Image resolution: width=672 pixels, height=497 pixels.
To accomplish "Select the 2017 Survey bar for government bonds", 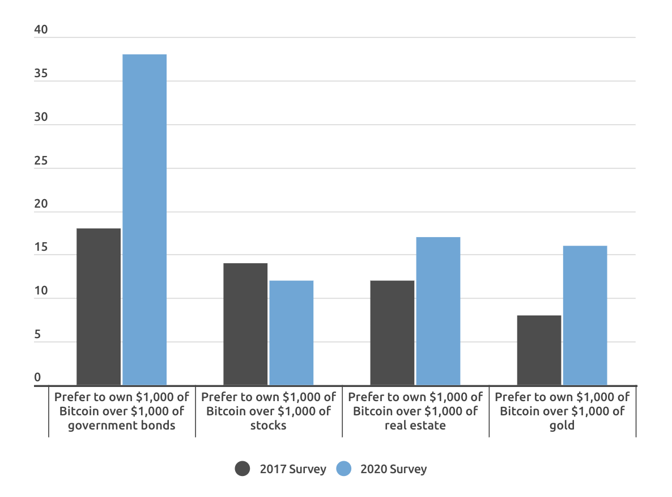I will [99, 307].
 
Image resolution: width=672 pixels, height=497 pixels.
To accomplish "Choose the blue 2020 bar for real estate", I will [438, 311].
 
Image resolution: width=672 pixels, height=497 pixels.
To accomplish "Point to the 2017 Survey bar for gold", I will [539, 351].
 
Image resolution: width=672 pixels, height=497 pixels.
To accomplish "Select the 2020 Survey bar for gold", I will [585, 315].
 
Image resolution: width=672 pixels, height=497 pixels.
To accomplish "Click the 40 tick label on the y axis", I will [41, 31].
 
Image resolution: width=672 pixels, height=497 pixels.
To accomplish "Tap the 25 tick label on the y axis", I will [41, 161].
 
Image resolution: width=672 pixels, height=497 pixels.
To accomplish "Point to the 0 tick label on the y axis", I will [38, 378].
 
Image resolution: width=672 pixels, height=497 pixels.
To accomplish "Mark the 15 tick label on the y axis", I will [41, 248].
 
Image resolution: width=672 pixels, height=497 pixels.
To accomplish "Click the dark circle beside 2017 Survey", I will [243, 469].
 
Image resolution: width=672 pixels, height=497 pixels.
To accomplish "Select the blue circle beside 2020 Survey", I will [344, 469].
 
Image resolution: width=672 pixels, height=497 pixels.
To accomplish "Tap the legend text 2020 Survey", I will [393, 469].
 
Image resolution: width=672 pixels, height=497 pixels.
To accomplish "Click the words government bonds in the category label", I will [121, 426].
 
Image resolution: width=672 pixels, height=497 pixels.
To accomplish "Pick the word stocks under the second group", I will [268, 426].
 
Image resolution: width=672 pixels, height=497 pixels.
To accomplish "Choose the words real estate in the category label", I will [415, 426].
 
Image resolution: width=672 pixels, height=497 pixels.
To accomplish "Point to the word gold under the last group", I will [562, 426].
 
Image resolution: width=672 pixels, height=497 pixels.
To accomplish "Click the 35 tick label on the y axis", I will [41, 74].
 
